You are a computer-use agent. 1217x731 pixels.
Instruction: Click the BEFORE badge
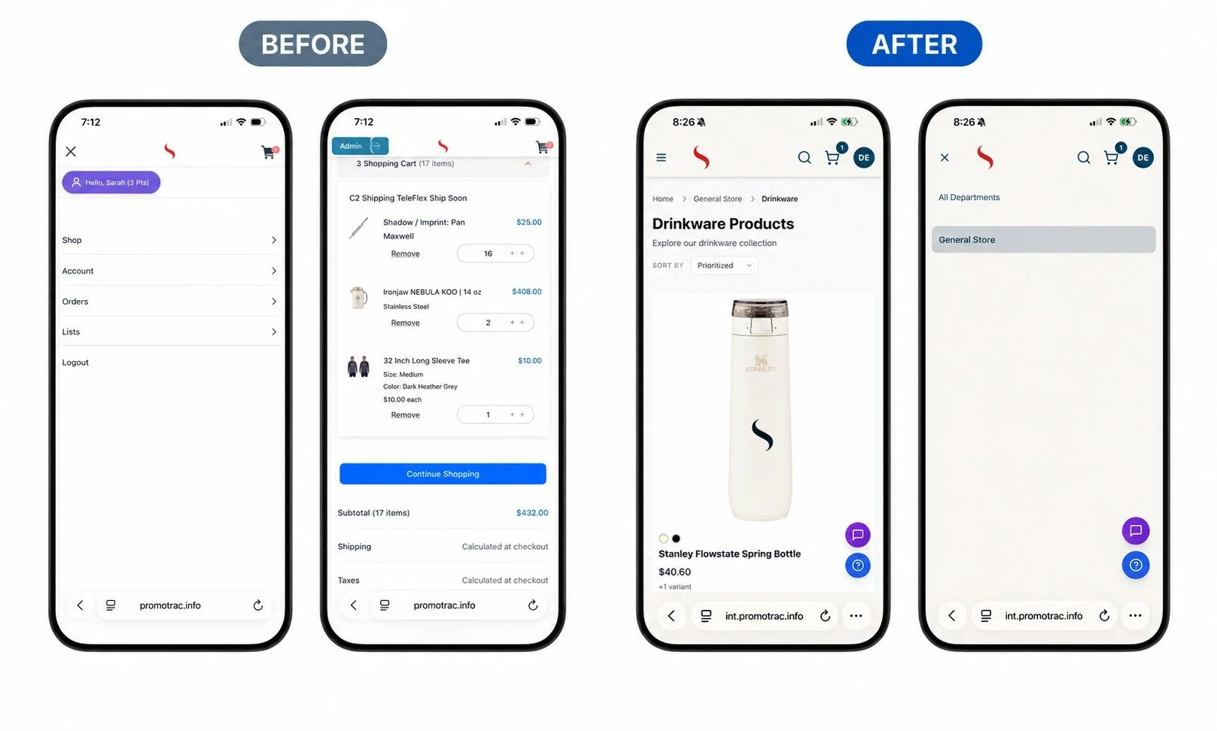pos(313,44)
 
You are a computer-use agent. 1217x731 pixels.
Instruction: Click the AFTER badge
pos(914,44)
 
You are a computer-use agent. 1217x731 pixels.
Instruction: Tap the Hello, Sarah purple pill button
pos(111,183)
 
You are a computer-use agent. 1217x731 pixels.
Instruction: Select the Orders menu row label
pos(75,302)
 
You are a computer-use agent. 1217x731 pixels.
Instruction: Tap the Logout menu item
pos(75,362)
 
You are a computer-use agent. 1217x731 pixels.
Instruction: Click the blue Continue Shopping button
pos(443,474)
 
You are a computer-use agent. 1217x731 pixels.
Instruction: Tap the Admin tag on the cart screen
pos(351,146)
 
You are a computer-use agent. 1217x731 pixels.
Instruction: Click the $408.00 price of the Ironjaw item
pos(526,292)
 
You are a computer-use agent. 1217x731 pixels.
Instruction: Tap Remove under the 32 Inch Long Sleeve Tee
pos(406,415)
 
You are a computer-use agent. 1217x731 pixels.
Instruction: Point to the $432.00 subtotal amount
pos(532,513)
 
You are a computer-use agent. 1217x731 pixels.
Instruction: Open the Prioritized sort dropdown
pos(724,265)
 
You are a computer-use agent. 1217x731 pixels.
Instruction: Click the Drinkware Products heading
pos(723,224)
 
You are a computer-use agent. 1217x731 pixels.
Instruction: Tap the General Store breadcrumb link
pos(717,199)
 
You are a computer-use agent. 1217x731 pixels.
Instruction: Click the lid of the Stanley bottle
pos(760,308)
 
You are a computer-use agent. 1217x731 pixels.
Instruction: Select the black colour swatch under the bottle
pos(676,538)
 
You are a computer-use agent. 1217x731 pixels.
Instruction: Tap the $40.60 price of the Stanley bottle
pos(675,572)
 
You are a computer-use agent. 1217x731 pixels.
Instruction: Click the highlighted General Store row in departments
pos(1043,239)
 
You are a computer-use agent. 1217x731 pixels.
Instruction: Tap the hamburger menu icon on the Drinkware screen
pos(662,157)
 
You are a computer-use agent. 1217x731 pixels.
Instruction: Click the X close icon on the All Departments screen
pos(945,157)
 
